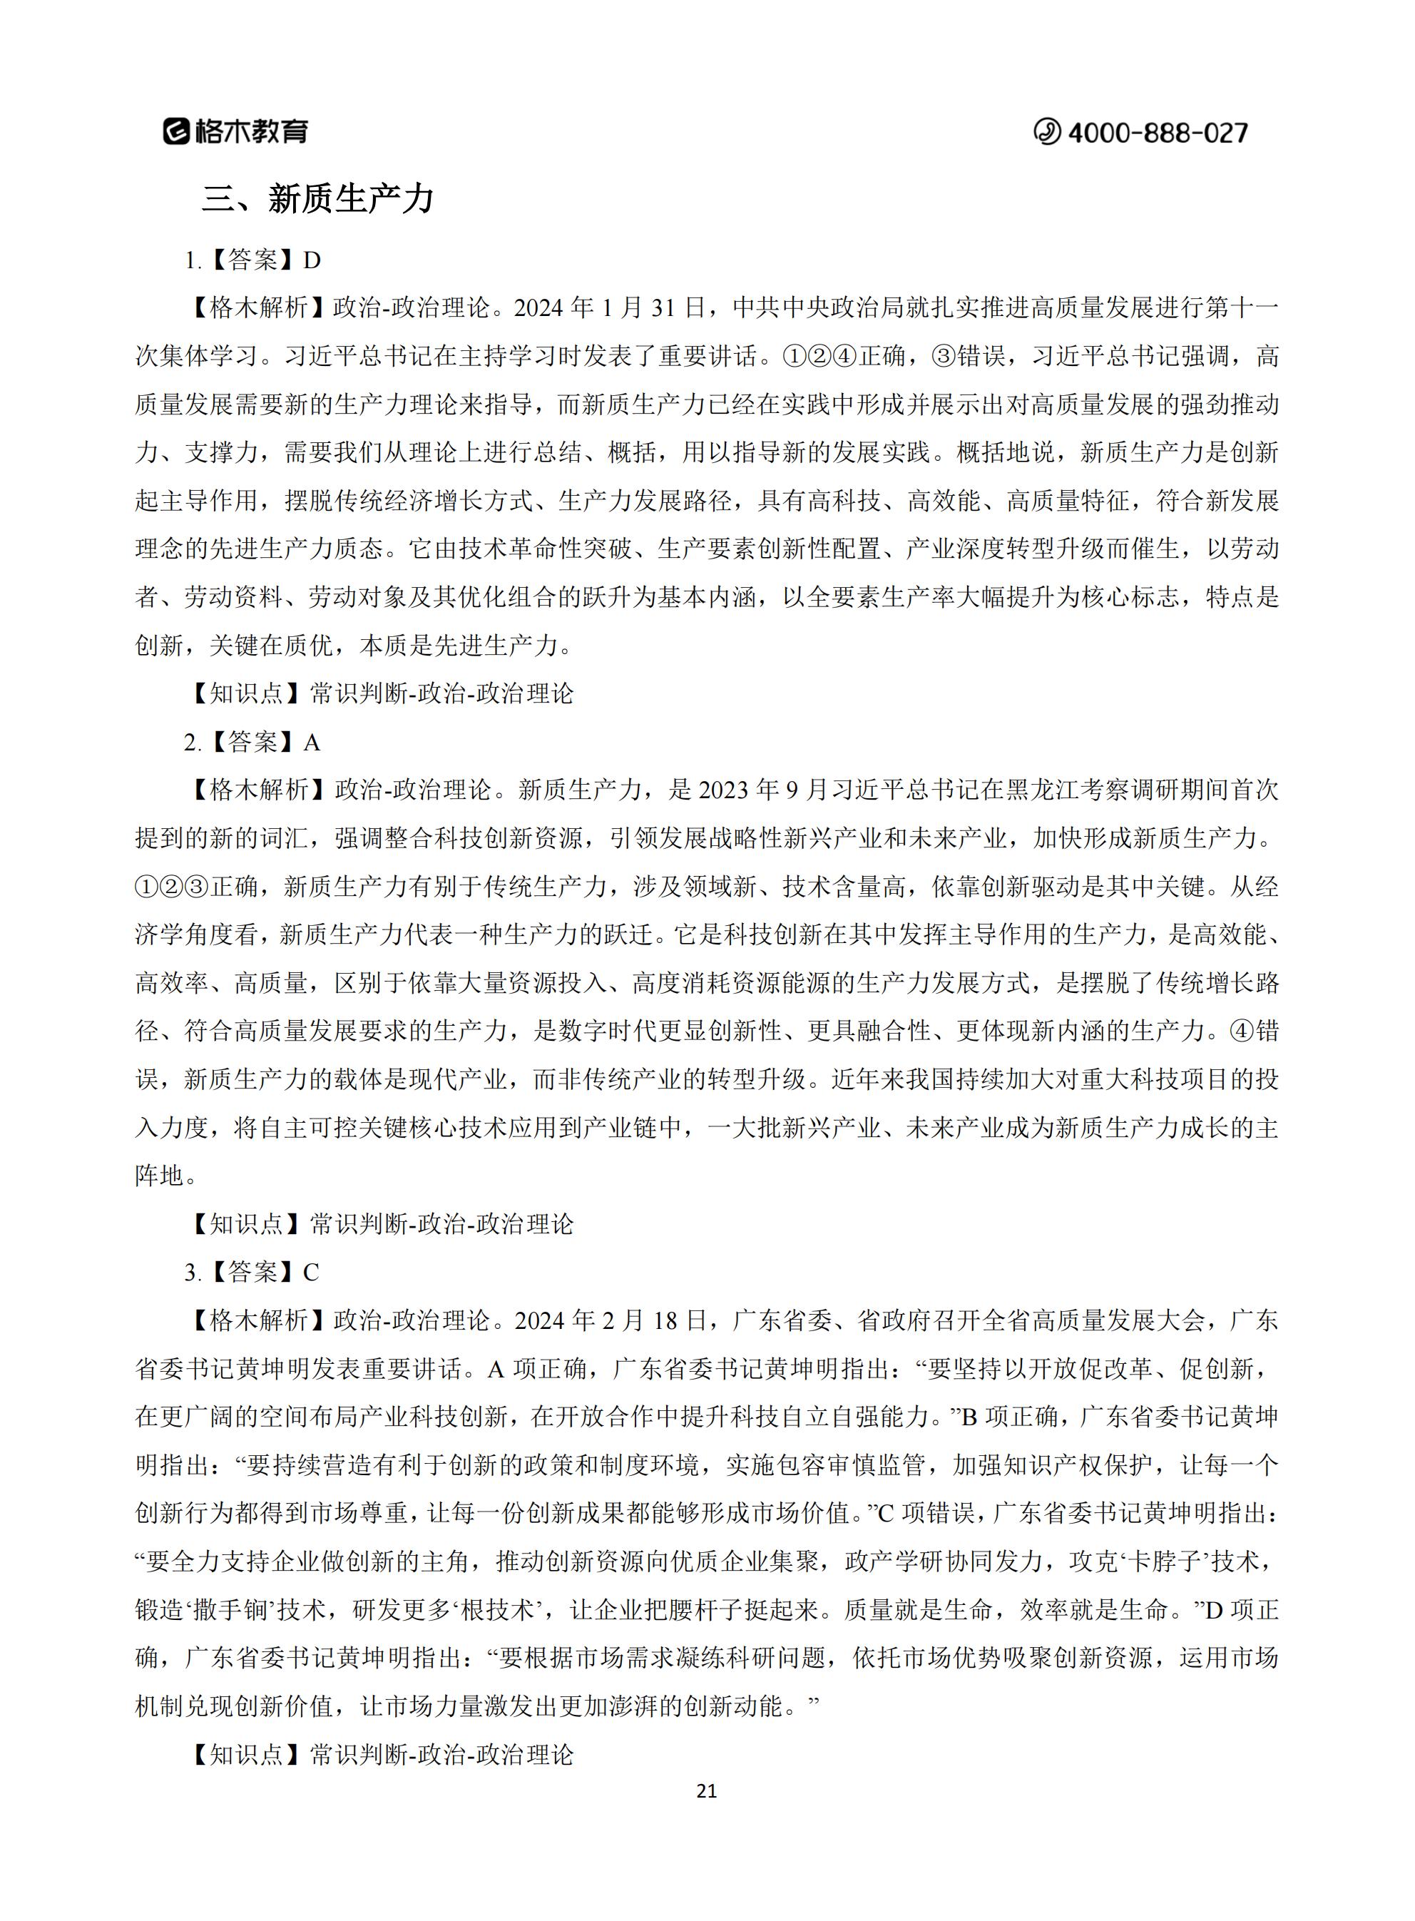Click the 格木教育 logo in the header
tap(235, 131)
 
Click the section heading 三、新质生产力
tap(318, 200)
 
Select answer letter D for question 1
tap(312, 260)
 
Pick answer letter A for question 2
tap(312, 743)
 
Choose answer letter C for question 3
tap(311, 1273)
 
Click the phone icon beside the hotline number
tap(1047, 132)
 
